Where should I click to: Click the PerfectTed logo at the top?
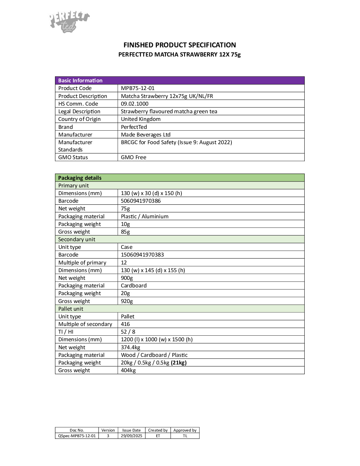pyautogui.click(x=69, y=21)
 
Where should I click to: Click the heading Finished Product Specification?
pyautogui.click(x=179, y=45)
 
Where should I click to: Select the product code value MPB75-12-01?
pyautogui.click(x=138, y=88)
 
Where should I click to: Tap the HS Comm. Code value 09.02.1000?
pyautogui.click(x=135, y=104)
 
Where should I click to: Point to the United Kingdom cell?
pyautogui.click(x=141, y=119)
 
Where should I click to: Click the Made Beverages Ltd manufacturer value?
pyautogui.click(x=146, y=134)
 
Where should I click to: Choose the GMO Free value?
pyautogui.click(x=134, y=157)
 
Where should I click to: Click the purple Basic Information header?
pyautogui.click(x=80, y=81)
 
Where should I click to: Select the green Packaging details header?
pyautogui.click(x=80, y=178)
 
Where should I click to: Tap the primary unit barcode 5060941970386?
pyautogui.click(x=141, y=201)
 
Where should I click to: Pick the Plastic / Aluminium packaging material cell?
pyautogui.click(x=145, y=216)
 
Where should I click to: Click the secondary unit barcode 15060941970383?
pyautogui.click(x=142, y=255)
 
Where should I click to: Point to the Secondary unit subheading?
pyautogui.click(x=77, y=239)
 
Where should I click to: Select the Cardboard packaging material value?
pyautogui.click(x=134, y=286)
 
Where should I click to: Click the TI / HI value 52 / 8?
pyautogui.click(x=128, y=332)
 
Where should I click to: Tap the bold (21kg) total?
pyautogui.click(x=179, y=363)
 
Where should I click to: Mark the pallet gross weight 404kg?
pyautogui.click(x=128, y=370)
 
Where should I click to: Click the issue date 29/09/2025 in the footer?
pyautogui.click(x=131, y=436)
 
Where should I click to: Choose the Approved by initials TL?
pyautogui.click(x=185, y=436)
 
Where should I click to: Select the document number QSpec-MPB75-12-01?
pyautogui.click(x=77, y=436)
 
